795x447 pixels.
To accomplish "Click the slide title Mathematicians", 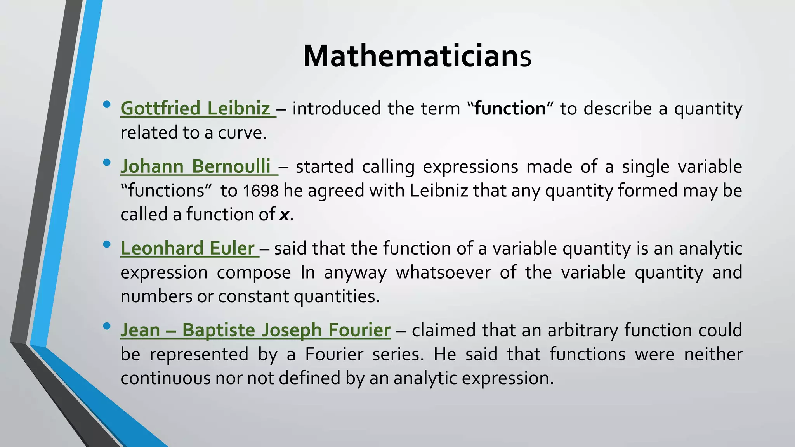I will pyautogui.click(x=417, y=57).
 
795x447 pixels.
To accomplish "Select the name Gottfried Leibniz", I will pyautogui.click(x=196, y=108).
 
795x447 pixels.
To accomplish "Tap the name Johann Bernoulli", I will pyautogui.click(x=196, y=166).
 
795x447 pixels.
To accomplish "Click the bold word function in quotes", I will pyautogui.click(x=510, y=108).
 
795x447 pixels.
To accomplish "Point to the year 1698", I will pyautogui.click(x=260, y=191).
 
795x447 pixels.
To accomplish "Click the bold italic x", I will pyautogui.click(x=284, y=215).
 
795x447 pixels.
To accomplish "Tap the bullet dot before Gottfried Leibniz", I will pyautogui.click(x=107, y=105).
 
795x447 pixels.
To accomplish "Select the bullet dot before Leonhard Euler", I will pyautogui.click(x=107, y=244).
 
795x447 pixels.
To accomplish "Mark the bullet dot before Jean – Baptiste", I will pyautogui.click(x=107, y=326).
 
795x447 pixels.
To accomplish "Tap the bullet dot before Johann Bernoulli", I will pyautogui.click(x=107, y=163).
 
